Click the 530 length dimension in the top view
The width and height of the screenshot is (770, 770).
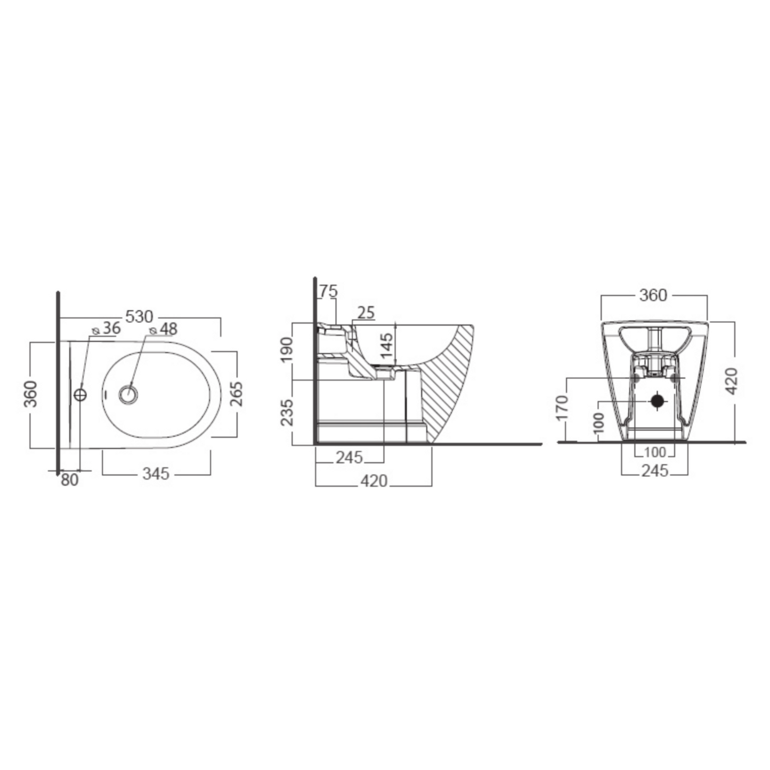coord(139,317)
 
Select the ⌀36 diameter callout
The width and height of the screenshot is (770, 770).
coord(106,328)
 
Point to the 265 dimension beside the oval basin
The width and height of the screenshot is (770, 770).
coord(237,394)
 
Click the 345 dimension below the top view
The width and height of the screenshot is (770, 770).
coord(156,474)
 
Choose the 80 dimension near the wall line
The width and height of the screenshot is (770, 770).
coord(69,480)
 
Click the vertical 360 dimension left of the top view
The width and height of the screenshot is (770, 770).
coord(30,394)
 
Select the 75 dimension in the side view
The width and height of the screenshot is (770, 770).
coord(328,291)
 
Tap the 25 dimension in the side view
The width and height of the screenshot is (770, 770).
coord(366,313)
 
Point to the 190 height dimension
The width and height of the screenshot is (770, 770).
coord(286,350)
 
